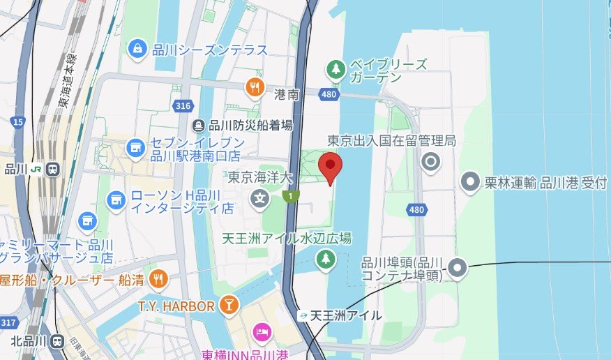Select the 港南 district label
[x=287, y=94]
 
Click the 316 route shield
[x=183, y=105]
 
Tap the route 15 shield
[x=17, y=122]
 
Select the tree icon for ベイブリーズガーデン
[x=336, y=69]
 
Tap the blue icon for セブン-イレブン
[x=135, y=148]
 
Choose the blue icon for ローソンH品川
[x=116, y=201]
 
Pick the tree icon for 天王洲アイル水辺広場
[x=324, y=260]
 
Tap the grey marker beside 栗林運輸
[x=472, y=183]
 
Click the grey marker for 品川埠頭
[x=458, y=267]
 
